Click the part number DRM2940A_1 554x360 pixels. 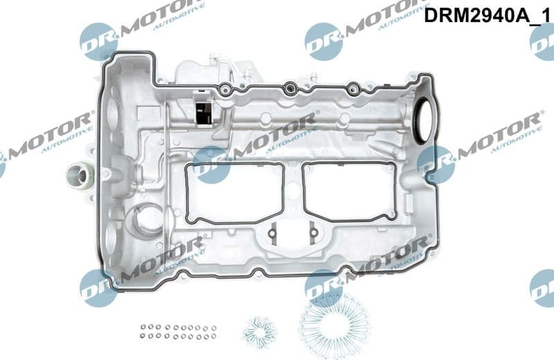coord(488,15)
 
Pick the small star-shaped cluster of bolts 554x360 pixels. coord(260,331)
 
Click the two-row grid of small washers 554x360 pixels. coord(177,331)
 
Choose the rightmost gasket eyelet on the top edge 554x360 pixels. coord(353,88)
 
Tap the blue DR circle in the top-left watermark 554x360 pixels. coord(98,42)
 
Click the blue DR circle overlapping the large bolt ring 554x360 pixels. coord(323,287)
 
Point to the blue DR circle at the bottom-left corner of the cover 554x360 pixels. coord(98,287)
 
